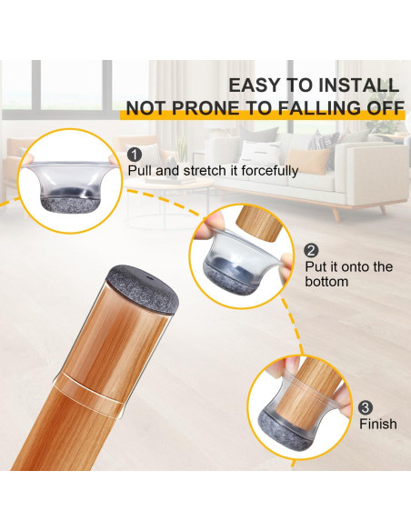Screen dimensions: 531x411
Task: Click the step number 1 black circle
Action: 135,155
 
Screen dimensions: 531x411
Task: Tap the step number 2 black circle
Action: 311,251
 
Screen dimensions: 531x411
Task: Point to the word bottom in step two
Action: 326,282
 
